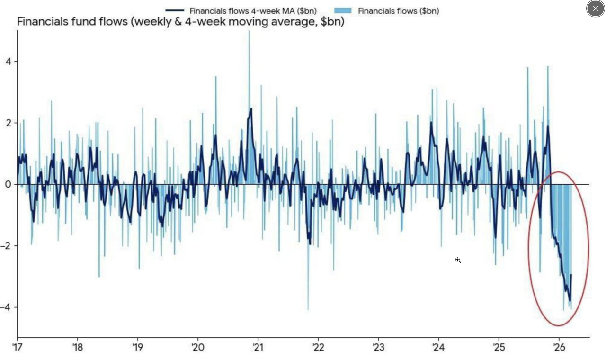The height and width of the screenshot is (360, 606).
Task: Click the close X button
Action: [x=595, y=9]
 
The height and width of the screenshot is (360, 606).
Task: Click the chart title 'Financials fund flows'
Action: [x=180, y=22]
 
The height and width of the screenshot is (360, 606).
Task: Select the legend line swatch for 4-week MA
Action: [x=174, y=10]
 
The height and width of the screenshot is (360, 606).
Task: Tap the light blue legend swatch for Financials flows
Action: [x=342, y=10]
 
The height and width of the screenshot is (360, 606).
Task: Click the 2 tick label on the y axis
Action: [x=8, y=123]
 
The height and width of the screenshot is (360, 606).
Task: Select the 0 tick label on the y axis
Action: [x=8, y=184]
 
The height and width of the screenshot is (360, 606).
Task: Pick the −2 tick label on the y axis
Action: [x=6, y=246]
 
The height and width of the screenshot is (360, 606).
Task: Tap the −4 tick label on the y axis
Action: [x=6, y=307]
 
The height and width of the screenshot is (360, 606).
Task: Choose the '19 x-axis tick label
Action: [x=137, y=347]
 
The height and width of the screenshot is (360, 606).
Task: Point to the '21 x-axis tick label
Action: [x=258, y=347]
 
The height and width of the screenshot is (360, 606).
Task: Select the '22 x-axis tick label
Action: [x=318, y=347]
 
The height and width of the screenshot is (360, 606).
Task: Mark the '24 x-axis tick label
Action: [x=438, y=347]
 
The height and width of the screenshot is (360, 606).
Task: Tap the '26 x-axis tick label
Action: [x=559, y=347]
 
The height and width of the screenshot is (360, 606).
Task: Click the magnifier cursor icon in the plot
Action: [x=458, y=260]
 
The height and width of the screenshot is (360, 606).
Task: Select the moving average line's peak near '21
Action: [x=250, y=109]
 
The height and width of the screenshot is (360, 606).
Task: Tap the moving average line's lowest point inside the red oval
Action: [x=570, y=300]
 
